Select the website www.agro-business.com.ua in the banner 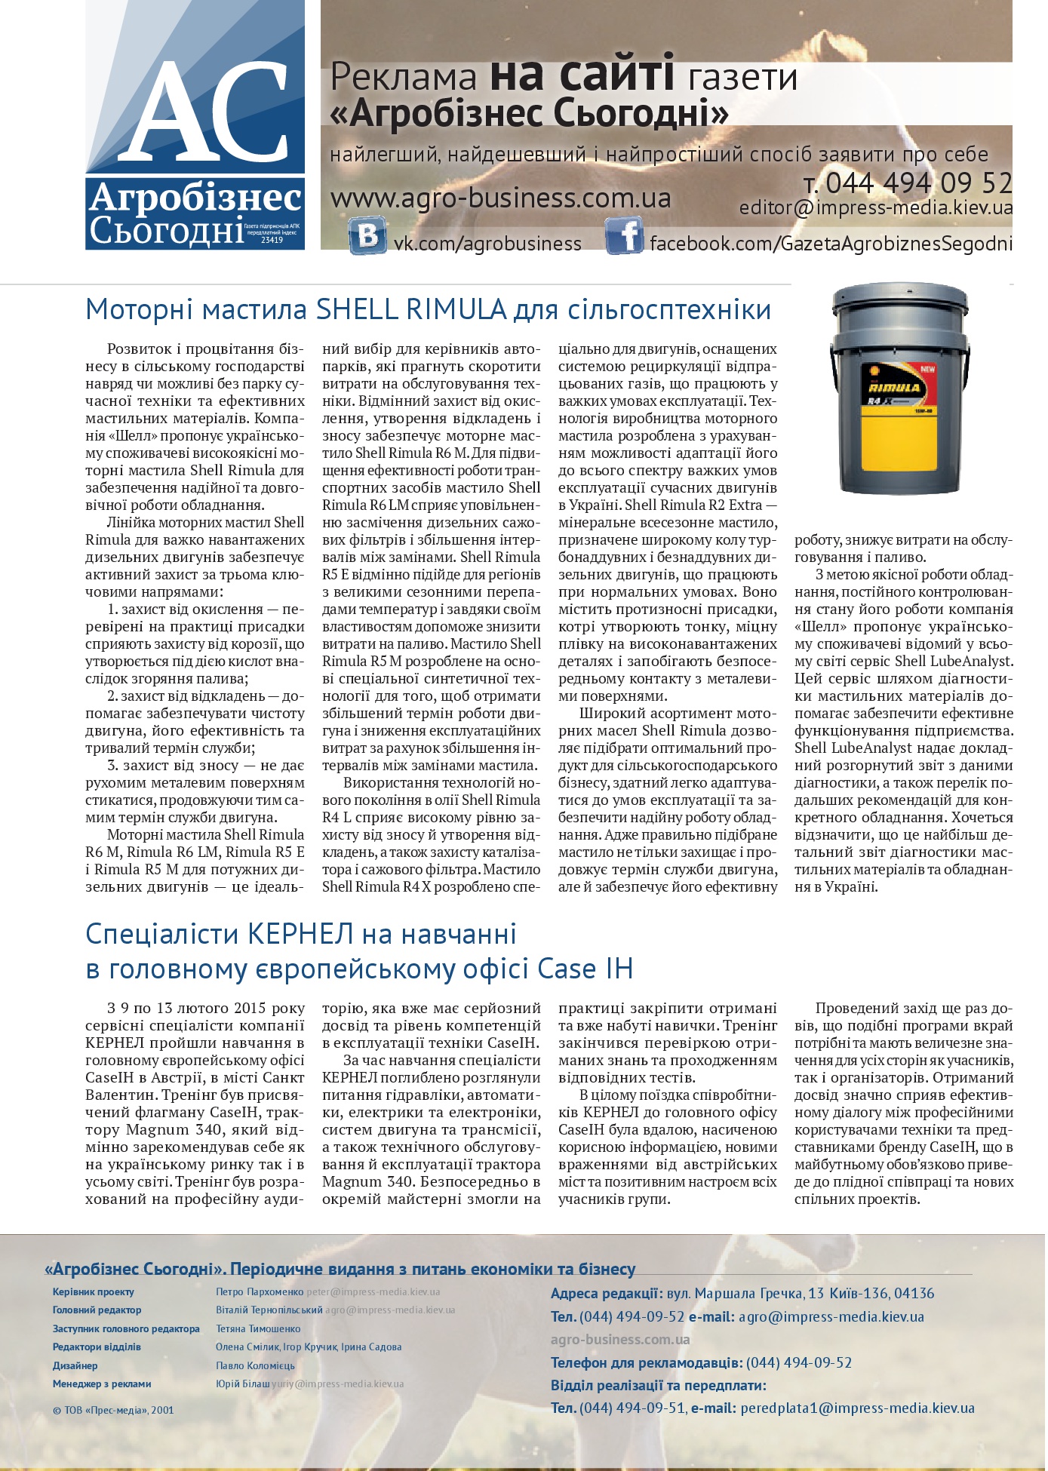(x=501, y=198)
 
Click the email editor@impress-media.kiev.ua (x=875, y=207)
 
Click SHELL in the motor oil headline (x=356, y=309)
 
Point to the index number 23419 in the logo (x=272, y=240)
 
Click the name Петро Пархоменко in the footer (x=260, y=1292)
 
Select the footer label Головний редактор (x=97, y=1310)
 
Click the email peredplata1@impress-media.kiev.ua (x=858, y=1408)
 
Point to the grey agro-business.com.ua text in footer (x=620, y=1340)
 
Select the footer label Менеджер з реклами (x=102, y=1384)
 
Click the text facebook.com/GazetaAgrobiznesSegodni (x=831, y=244)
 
